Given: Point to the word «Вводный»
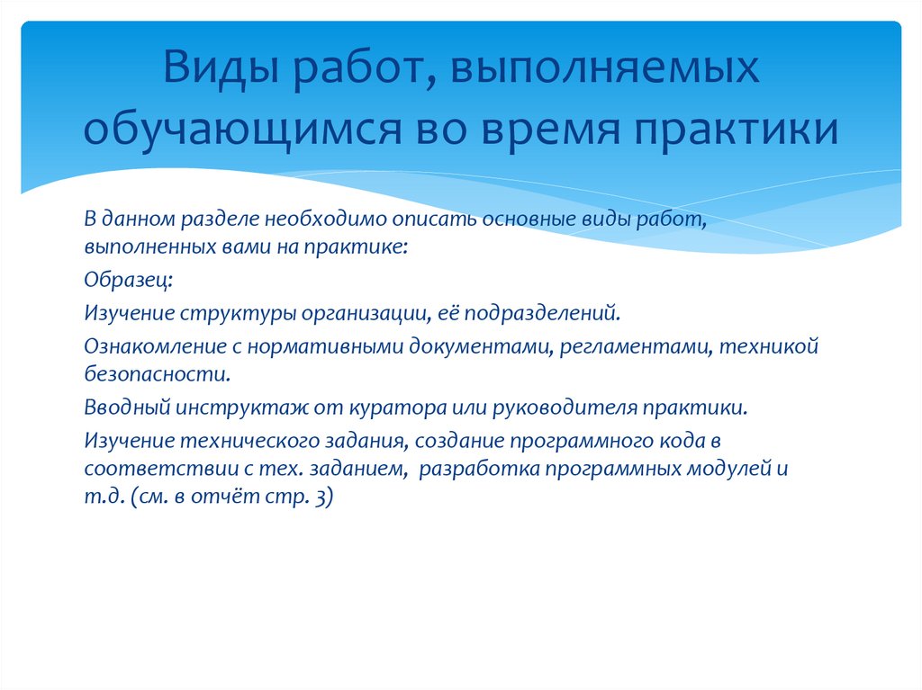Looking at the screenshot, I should click(122, 407).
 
